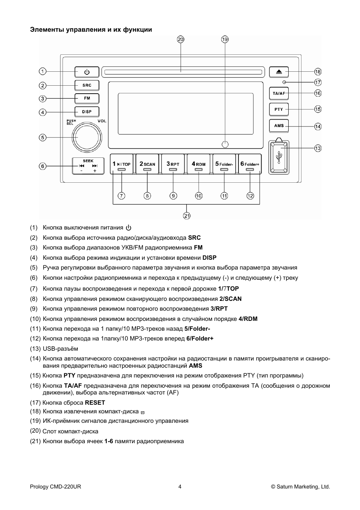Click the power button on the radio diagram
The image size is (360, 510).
87,72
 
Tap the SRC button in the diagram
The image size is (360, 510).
87,85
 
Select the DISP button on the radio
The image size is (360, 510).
87,112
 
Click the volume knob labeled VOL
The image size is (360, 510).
88,137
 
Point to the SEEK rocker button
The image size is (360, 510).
88,166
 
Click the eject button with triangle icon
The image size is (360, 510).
279,72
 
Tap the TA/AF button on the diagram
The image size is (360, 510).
279,93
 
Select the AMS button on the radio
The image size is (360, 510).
279,126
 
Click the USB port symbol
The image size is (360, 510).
279,157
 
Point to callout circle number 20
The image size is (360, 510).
180,39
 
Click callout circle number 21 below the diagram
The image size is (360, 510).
187,216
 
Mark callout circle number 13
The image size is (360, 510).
318,148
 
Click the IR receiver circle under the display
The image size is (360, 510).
225,144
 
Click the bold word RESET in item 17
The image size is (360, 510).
95,403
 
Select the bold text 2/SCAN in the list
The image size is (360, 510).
230,299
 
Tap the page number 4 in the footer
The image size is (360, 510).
180,487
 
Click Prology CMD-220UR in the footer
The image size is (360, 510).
55,487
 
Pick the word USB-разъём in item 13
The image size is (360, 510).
60,349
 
